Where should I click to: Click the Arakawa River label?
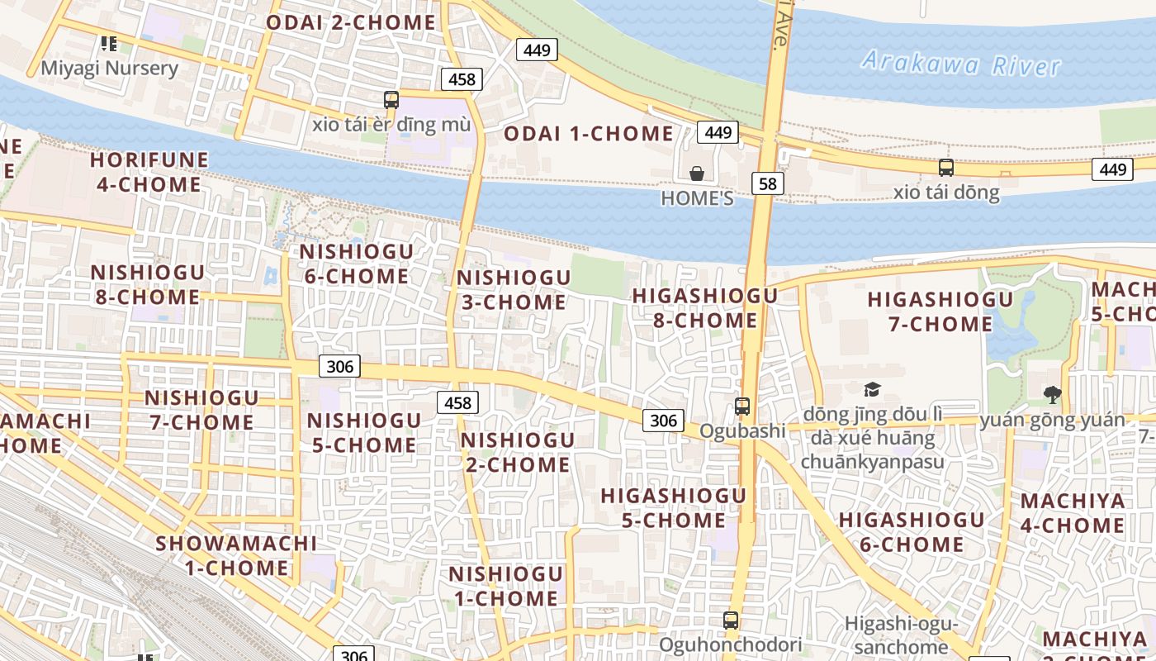tap(960, 63)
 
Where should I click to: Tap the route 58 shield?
tap(767, 183)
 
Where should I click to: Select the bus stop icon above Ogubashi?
tap(742, 407)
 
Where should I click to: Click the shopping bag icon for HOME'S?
tap(697, 174)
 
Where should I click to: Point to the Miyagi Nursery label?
tap(109, 68)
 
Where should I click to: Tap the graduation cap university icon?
tap(872, 389)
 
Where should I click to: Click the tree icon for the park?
tap(1052, 394)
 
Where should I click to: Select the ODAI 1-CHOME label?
tap(589, 134)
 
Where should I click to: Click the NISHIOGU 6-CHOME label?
tap(357, 264)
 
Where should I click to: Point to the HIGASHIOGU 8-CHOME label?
tap(705, 307)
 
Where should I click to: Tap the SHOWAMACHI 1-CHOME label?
tap(236, 555)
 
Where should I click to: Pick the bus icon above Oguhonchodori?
tap(730, 620)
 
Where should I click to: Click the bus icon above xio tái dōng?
tap(946, 168)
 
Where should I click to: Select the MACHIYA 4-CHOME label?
tap(1073, 513)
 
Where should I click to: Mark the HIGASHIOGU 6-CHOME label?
tap(912, 532)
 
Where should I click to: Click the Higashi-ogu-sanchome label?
tap(901, 635)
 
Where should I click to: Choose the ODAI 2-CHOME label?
tap(350, 22)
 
